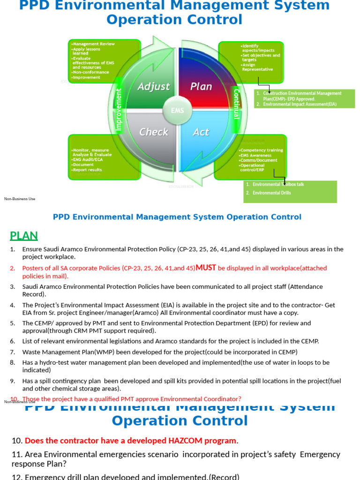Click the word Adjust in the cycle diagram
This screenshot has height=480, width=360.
click(x=153, y=87)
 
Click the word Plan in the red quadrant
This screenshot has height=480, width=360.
click(x=201, y=87)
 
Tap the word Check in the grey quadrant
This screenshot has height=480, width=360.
click(x=153, y=132)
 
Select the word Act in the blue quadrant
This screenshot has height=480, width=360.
click(x=201, y=132)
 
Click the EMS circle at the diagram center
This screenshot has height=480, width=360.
click(x=177, y=111)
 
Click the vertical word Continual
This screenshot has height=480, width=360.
click(x=236, y=104)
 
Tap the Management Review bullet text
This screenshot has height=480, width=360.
click(x=94, y=44)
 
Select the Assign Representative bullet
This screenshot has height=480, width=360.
click(x=257, y=67)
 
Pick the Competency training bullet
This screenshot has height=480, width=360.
click(x=262, y=150)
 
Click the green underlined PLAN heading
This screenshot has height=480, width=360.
click(x=24, y=236)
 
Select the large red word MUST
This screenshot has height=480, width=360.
click(x=206, y=268)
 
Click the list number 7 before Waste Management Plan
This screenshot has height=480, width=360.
click(x=13, y=352)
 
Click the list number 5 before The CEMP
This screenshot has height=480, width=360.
click(x=13, y=323)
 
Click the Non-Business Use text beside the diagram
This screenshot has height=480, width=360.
click(x=20, y=199)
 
